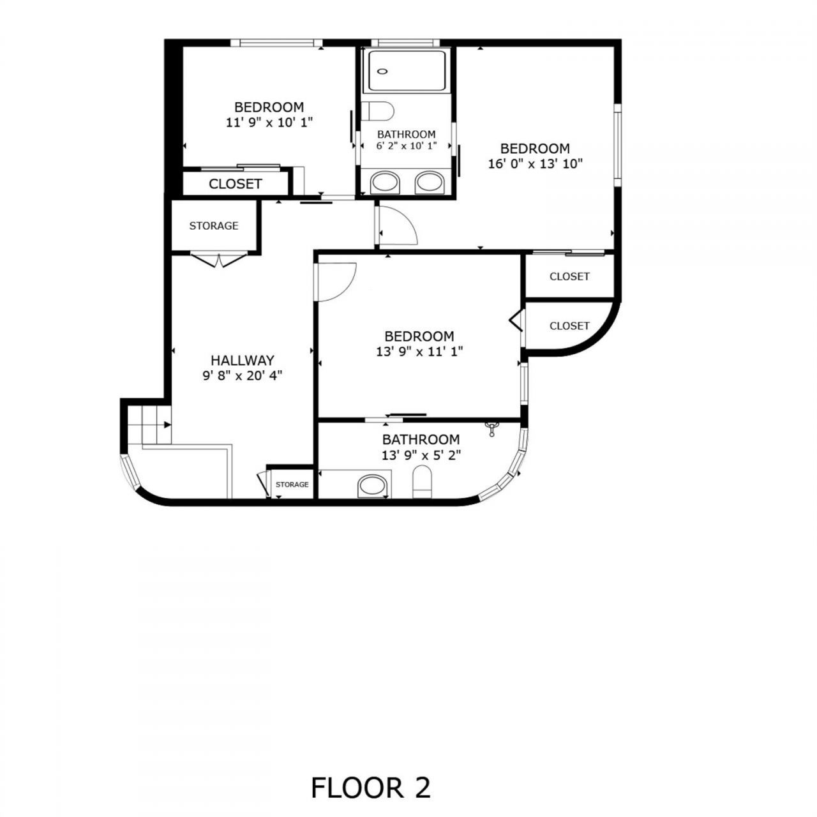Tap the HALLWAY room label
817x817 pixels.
[x=243, y=360]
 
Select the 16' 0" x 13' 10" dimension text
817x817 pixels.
[x=535, y=163]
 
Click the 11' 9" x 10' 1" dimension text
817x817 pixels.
[x=269, y=122]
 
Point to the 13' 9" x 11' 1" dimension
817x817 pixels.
[x=419, y=350]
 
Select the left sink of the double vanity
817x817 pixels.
[x=386, y=183]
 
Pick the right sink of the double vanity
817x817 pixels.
[x=430, y=183]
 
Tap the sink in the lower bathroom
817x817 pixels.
[x=373, y=486]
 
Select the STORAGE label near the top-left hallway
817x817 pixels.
[x=214, y=226]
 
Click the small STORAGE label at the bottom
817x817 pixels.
[x=292, y=484]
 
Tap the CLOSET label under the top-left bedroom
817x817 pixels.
[x=236, y=184]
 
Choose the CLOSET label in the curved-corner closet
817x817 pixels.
[x=569, y=326]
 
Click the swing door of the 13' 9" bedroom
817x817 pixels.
[x=336, y=281]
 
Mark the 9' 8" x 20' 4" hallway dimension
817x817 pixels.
[x=243, y=375]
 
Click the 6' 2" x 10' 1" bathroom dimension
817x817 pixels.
[x=406, y=146]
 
